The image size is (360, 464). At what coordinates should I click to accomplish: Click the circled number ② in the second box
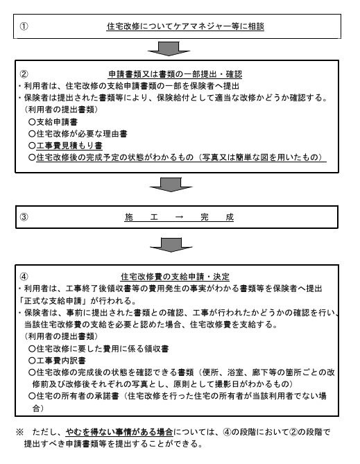(23, 71)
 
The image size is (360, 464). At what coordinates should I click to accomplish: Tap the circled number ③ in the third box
(23, 216)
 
